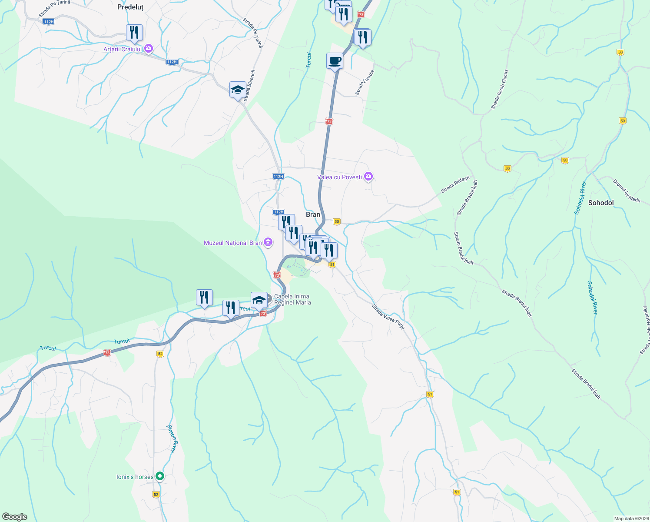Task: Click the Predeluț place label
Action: click(130, 7)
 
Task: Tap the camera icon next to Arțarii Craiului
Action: click(148, 49)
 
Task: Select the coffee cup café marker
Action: click(335, 61)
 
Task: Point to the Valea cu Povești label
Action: click(339, 177)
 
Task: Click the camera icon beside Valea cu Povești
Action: click(368, 177)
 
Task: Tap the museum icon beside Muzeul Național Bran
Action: click(268, 243)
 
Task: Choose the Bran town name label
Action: click(313, 214)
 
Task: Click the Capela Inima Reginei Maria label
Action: click(292, 299)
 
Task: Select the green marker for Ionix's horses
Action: click(160, 477)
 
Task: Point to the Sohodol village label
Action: click(601, 203)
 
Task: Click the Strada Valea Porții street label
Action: click(388, 317)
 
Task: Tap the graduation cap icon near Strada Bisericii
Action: click(237, 90)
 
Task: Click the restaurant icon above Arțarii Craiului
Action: click(134, 33)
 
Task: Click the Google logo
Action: click(14, 517)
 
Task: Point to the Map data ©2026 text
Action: click(630, 519)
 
